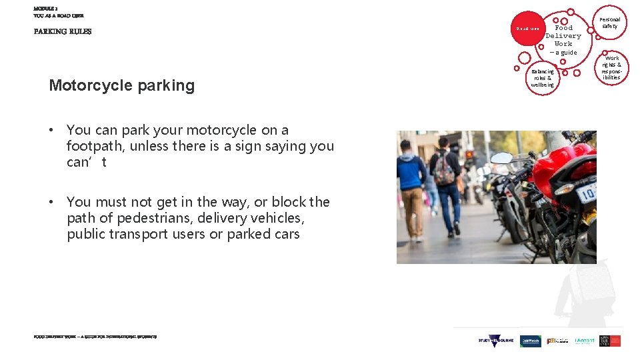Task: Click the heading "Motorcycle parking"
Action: tap(121, 85)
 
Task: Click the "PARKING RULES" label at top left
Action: tap(63, 31)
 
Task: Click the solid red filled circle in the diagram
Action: tap(527, 28)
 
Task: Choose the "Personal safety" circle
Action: tap(609, 23)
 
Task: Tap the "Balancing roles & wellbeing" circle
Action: tap(542, 78)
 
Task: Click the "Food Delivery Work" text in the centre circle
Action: tap(563, 36)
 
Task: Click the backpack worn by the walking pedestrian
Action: tap(443, 171)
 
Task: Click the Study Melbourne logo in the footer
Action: tap(496, 340)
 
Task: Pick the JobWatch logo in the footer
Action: tap(531, 341)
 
